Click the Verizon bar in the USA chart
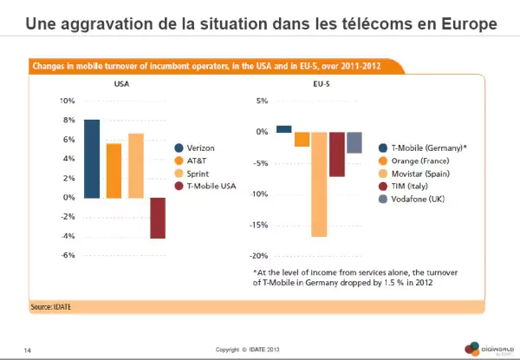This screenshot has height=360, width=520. click(x=91, y=159)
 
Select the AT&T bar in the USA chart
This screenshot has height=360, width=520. click(x=114, y=171)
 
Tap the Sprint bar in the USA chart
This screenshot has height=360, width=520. click(x=136, y=166)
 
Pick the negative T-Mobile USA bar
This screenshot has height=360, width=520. click(x=158, y=218)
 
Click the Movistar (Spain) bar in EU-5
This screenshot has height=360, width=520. click(x=319, y=184)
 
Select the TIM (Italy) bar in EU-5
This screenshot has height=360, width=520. click(x=337, y=154)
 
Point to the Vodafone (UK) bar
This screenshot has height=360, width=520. click(x=354, y=142)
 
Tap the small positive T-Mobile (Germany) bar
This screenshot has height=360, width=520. click(x=283, y=129)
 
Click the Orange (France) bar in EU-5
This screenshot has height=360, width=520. click(x=302, y=139)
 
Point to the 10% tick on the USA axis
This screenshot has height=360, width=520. click(x=68, y=101)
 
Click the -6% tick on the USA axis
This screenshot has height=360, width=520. click(x=68, y=256)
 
